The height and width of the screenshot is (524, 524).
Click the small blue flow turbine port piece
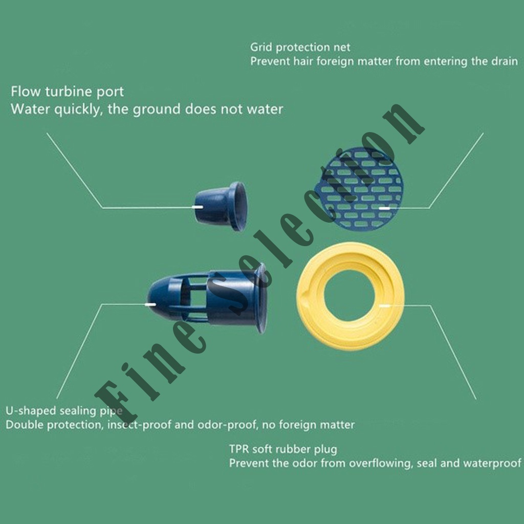221,206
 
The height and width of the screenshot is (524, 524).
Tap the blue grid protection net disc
360,189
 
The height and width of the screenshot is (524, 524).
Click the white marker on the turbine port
198,207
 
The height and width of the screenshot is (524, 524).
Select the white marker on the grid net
384,208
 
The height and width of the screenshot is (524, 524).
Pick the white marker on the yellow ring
384,305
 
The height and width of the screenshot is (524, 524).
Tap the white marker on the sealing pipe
150,304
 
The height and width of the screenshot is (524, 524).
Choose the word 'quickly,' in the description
78,110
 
